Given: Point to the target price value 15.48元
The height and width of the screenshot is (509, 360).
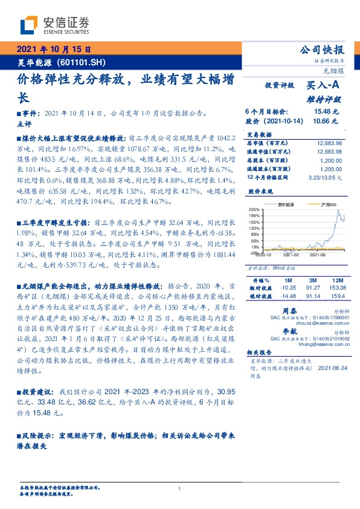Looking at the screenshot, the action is tap(327, 112).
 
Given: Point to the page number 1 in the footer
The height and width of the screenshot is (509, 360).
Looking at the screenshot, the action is tap(179, 489).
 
